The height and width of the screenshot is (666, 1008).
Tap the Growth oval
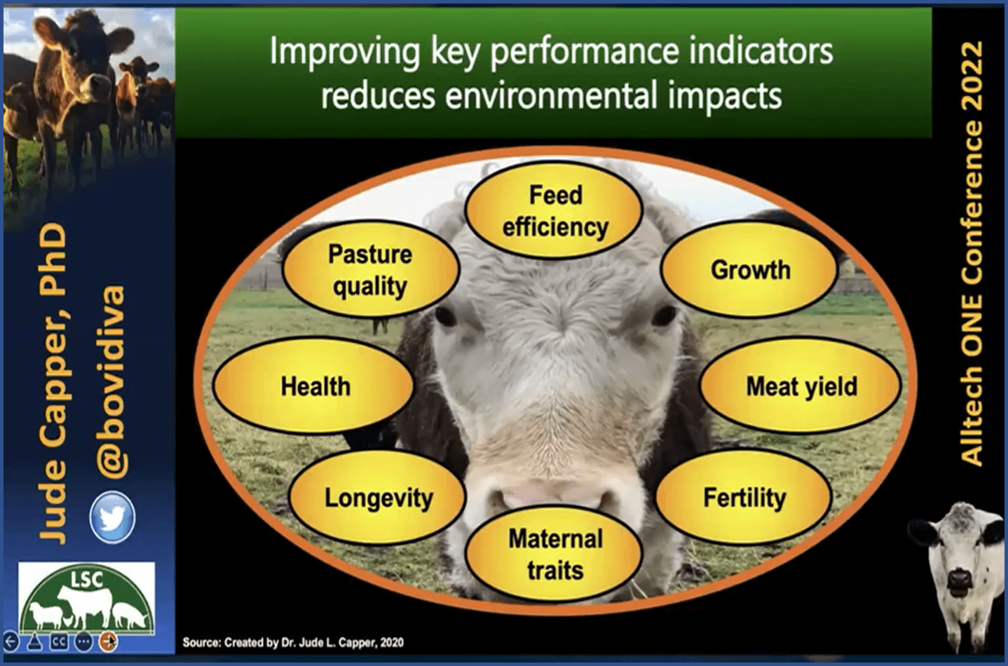(x=750, y=270)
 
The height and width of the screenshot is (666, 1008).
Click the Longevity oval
(x=378, y=498)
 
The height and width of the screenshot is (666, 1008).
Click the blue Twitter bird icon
(x=111, y=517)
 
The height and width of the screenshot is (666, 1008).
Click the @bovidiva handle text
(x=110, y=383)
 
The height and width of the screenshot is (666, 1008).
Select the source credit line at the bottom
(x=293, y=643)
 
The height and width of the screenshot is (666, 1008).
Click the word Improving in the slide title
(x=345, y=52)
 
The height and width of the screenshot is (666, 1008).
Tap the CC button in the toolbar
(x=59, y=642)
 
